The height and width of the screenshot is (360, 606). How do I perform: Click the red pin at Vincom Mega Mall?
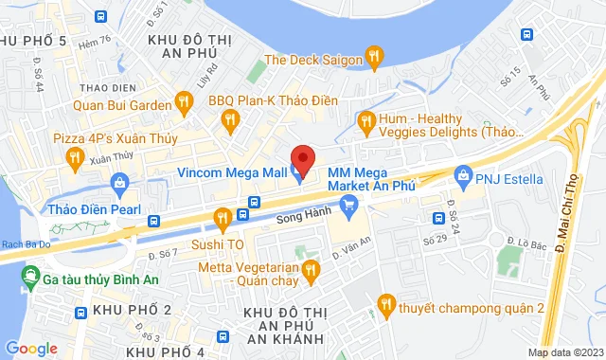(x=302, y=156)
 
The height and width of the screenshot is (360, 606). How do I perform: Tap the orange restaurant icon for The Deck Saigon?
(x=375, y=59)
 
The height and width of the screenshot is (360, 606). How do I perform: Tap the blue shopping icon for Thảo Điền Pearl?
(x=120, y=182)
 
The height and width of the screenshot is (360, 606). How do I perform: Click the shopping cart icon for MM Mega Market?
(x=349, y=203)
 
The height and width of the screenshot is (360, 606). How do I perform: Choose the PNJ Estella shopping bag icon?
(x=463, y=176)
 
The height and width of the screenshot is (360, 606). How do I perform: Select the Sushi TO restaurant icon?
(x=222, y=220)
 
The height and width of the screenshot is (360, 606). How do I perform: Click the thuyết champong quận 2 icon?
(x=385, y=305)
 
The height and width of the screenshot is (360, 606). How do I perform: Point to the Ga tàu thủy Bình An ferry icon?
(x=33, y=278)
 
